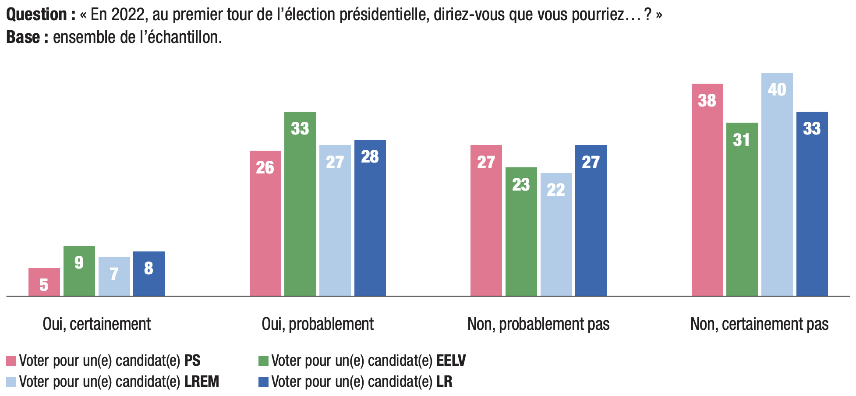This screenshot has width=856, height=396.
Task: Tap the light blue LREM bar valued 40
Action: coord(777,184)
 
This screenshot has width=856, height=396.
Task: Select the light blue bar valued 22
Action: coord(556,234)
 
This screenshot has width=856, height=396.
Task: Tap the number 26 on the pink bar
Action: coord(265,167)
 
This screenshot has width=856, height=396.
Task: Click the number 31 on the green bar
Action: coord(742,140)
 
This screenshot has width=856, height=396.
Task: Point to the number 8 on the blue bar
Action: coord(149,268)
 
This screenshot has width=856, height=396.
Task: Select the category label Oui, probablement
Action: coord(318,324)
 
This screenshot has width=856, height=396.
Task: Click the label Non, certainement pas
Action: coord(759,324)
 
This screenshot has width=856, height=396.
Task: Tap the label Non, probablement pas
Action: coord(538,324)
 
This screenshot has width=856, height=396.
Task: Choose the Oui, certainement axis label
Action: coord(97,324)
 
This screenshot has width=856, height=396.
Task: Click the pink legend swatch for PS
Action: coord(11,361)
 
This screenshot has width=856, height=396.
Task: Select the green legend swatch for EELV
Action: coord(263,361)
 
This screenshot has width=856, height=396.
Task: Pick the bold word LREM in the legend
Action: coord(202,382)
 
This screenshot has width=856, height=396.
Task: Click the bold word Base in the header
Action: coord(23,38)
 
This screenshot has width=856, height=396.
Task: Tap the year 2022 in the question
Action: coord(128,15)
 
